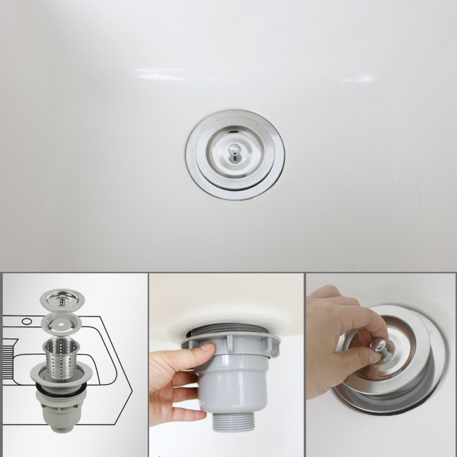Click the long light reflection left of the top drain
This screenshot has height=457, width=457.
162,74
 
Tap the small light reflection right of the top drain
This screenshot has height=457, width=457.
358,78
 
